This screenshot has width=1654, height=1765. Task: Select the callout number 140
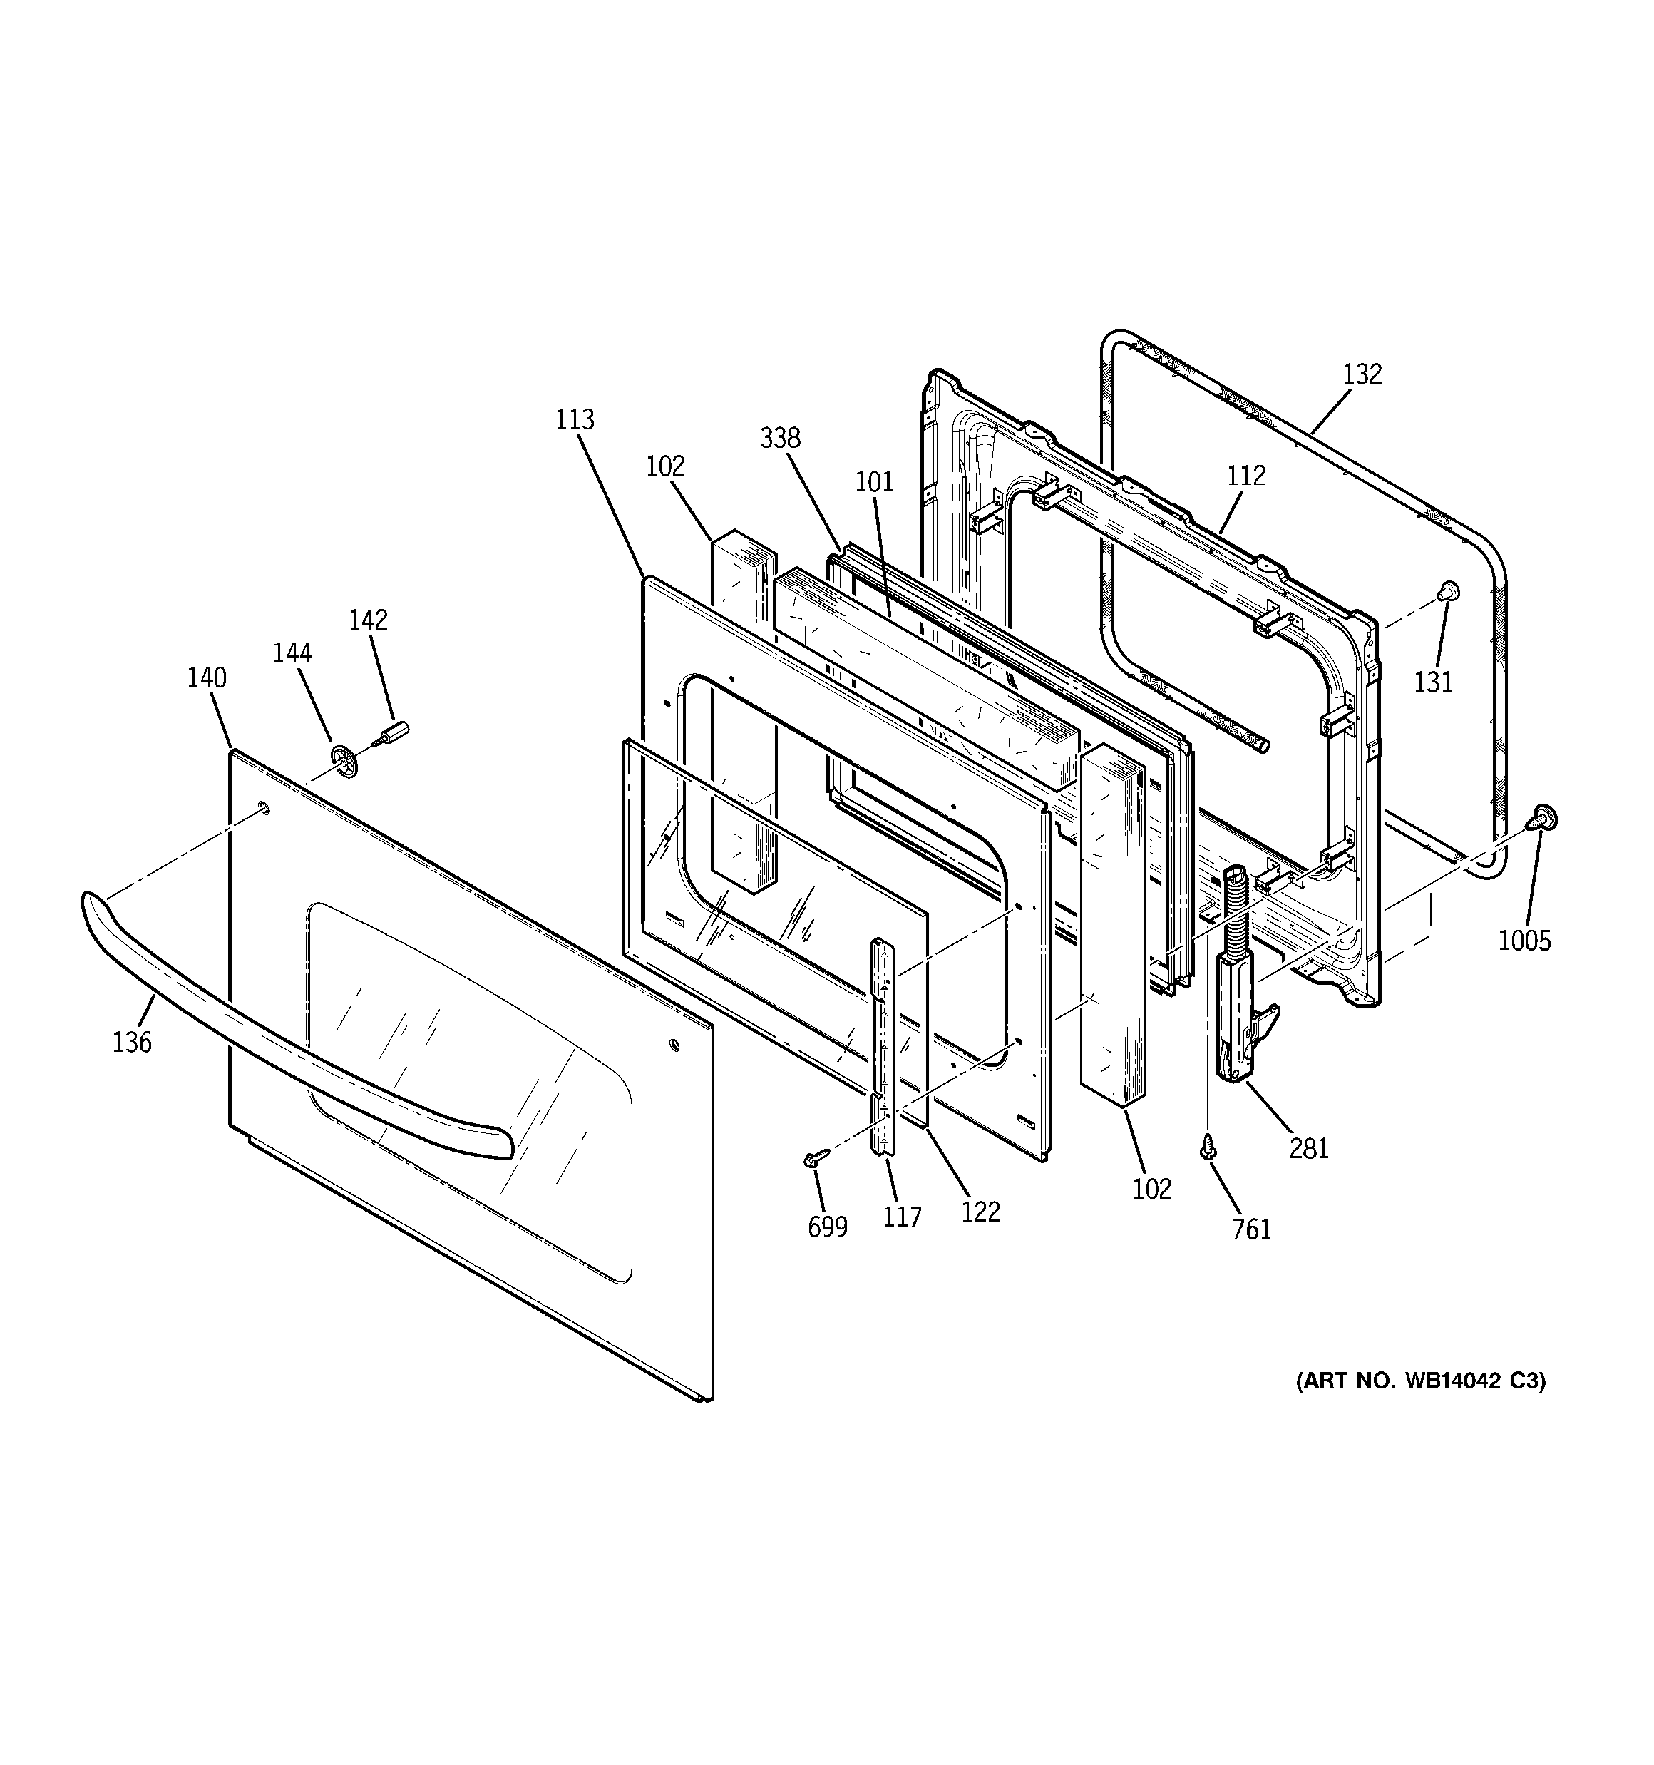(206, 677)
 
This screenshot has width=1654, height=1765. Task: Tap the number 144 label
(292, 653)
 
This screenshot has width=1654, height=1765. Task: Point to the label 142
(368, 619)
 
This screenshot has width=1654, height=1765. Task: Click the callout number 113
(575, 419)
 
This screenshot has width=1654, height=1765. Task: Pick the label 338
(781, 438)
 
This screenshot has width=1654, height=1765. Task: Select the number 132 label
(1362, 374)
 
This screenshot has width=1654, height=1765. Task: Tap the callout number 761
(1252, 1229)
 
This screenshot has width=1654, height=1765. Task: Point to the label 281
(1309, 1148)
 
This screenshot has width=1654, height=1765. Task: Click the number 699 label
(828, 1227)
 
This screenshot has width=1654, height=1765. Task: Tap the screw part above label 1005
(1544, 818)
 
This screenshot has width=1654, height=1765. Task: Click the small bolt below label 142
(391, 735)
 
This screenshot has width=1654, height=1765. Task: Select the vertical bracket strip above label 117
(883, 1047)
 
